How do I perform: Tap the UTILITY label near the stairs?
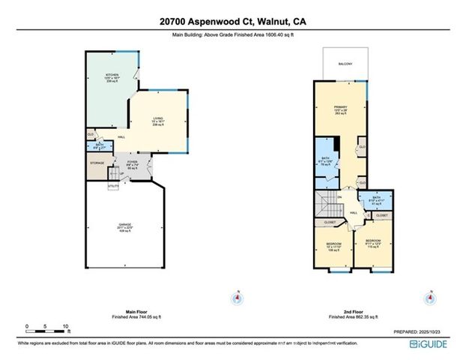(x=113, y=185)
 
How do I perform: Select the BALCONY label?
(x=346, y=64)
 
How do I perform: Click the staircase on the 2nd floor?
(x=324, y=202)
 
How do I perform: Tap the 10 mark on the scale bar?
(x=66, y=327)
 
